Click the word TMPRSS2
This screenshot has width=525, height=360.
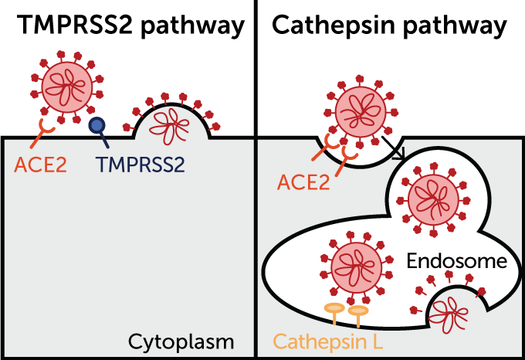click(141, 164)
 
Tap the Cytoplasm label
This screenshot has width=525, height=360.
click(181, 341)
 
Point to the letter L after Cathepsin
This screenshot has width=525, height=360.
click(377, 341)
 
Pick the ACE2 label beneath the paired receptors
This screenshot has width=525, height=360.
click(303, 183)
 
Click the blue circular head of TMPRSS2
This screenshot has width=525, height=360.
click(97, 124)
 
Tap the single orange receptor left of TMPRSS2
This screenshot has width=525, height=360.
click(44, 134)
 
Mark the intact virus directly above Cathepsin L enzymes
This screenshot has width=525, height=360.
click(356, 267)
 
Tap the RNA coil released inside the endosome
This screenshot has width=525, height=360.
click(448, 311)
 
